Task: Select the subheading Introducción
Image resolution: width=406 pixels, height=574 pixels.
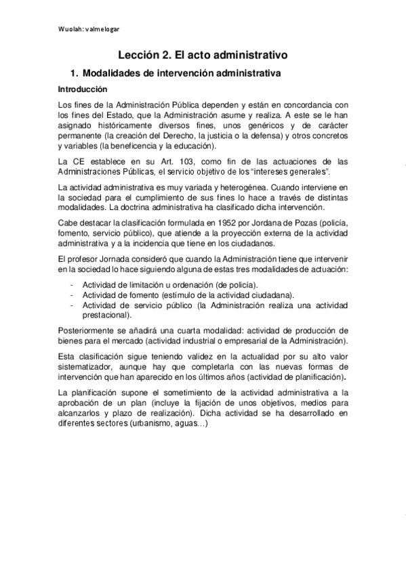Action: point(82,89)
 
